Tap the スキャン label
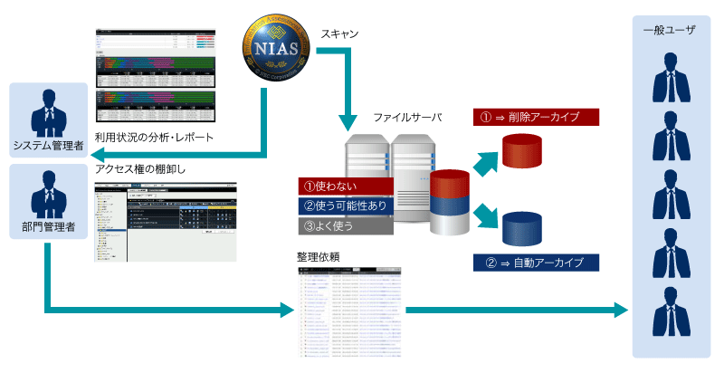(x=339, y=33)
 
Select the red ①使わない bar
(x=345, y=186)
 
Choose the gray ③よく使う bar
(x=345, y=225)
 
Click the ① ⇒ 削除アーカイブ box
(x=537, y=118)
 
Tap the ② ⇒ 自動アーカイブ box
(x=537, y=263)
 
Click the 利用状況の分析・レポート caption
(x=154, y=138)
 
